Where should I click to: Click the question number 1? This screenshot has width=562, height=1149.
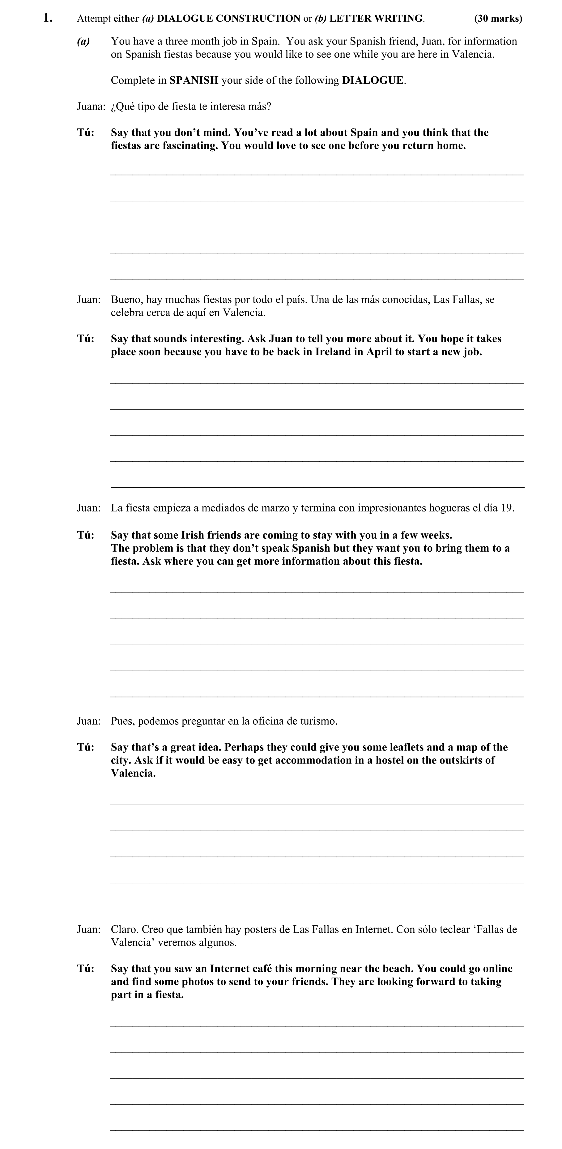click(x=48, y=18)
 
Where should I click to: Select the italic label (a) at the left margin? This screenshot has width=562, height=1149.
click(x=83, y=41)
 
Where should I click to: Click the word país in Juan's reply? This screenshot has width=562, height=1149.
click(x=296, y=299)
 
